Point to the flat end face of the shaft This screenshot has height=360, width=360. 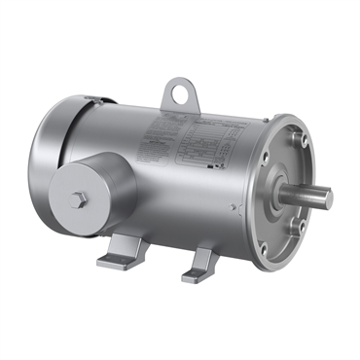[x=328, y=199]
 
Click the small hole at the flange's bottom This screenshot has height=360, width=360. [x=284, y=255]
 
